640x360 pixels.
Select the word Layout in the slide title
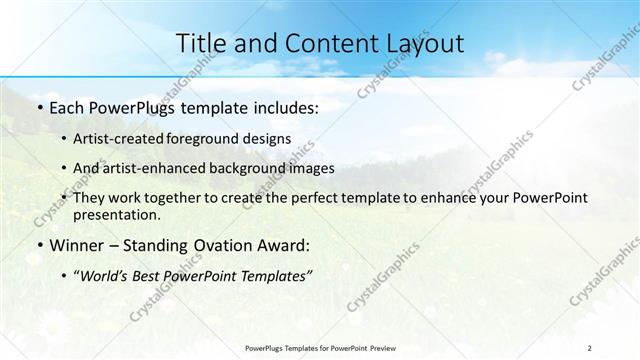pos(421,43)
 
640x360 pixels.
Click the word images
pos(309,168)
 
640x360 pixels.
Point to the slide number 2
pos(590,347)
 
